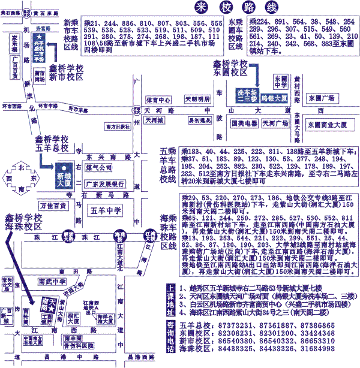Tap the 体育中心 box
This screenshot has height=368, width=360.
pyautogui.click(x=158, y=99)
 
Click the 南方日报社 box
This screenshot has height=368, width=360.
pyautogui.click(x=118, y=126)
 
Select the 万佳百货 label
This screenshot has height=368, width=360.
pyautogui.click(x=53, y=206)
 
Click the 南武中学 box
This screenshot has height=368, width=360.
pyautogui.click(x=52, y=281)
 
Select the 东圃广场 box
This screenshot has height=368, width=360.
pyautogui.click(x=320, y=98)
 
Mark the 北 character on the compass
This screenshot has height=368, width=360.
pyautogui.click(x=22, y=167)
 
